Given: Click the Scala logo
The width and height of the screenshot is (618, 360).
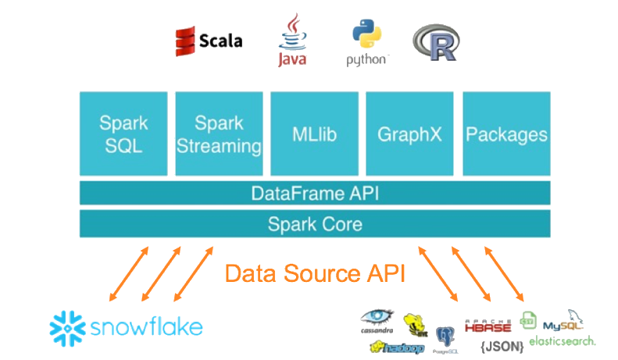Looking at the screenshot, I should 209,41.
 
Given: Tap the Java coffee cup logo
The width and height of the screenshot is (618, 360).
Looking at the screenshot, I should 291,39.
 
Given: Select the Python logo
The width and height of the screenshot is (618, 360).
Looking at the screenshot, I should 367,43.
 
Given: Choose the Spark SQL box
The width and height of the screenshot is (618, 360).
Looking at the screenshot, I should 123,134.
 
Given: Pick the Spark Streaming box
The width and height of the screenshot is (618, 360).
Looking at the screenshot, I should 218,134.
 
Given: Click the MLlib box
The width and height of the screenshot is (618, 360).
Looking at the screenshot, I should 314,134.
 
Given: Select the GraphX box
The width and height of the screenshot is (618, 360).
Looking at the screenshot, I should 409,134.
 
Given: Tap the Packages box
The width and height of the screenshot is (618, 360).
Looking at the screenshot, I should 506,134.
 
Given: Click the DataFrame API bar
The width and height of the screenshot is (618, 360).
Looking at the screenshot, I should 315,193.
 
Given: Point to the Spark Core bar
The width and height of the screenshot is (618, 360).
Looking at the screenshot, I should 315,224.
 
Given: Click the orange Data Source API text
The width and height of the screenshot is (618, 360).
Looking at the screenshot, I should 315,273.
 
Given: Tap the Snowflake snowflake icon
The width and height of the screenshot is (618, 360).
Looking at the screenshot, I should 66,327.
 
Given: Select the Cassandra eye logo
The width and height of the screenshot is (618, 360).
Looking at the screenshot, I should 379,319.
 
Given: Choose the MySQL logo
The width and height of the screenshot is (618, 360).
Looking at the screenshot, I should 563,322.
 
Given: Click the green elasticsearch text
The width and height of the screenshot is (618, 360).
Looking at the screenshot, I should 562,341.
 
